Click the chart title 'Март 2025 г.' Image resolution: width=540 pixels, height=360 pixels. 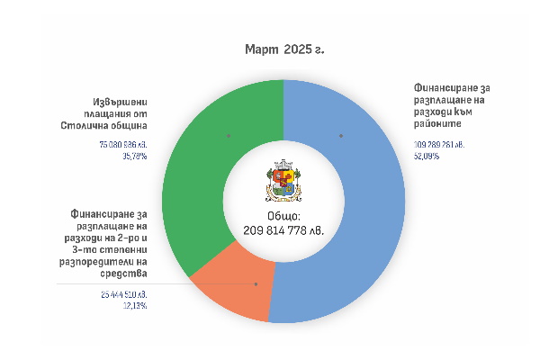click(283, 49)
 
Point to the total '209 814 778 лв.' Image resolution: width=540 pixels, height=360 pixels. click(283, 230)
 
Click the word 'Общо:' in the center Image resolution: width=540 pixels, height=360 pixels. click(283, 217)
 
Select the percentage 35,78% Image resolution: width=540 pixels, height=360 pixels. click(135, 155)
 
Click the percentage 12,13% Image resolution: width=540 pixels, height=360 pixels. click(136, 305)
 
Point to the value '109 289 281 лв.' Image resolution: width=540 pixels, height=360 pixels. click(439, 144)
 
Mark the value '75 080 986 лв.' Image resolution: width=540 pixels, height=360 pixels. click(123, 144)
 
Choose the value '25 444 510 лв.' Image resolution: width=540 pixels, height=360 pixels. click(123, 294)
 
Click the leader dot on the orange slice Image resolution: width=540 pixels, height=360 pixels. click(256, 283)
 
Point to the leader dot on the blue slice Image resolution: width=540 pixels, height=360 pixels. click(341, 136)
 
